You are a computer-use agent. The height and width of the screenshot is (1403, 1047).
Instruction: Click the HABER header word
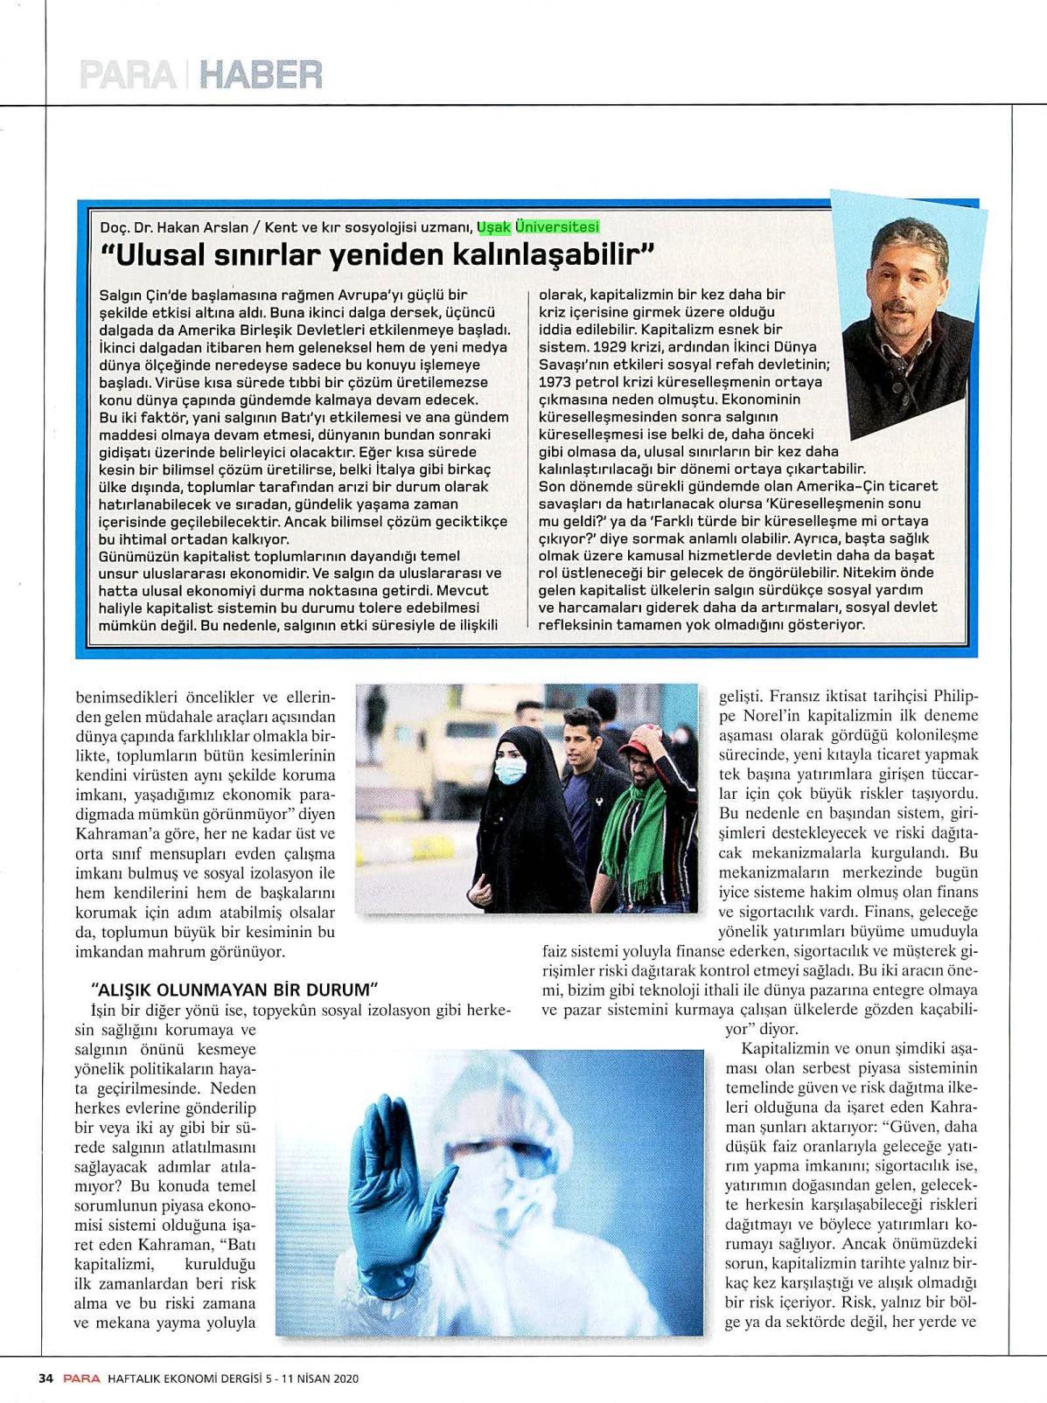pyautogui.click(x=261, y=75)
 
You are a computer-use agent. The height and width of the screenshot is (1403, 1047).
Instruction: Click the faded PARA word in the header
pyautogui.click(x=127, y=75)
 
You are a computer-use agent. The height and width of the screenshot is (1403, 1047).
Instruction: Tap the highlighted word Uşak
pyautogui.click(x=493, y=227)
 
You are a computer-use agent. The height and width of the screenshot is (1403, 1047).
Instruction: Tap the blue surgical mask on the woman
pyautogui.click(x=511, y=770)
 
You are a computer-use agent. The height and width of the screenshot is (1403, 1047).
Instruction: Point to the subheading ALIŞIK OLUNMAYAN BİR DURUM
pyautogui.click(x=234, y=990)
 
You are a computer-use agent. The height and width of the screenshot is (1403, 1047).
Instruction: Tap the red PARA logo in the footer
pyautogui.click(x=80, y=1379)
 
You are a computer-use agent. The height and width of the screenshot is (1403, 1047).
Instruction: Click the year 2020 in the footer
pyautogui.click(x=346, y=1379)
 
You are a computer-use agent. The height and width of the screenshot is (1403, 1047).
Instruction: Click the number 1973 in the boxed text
pyautogui.click(x=555, y=382)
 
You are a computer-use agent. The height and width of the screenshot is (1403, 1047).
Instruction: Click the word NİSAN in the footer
pyautogui.click(x=307, y=1379)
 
